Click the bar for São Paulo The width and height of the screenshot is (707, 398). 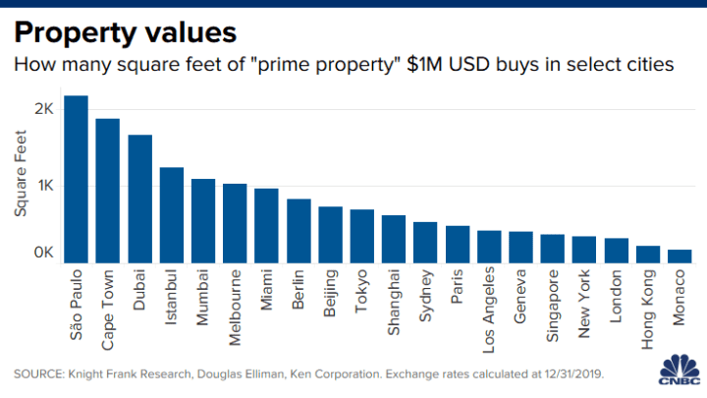pyautogui.click(x=76, y=180)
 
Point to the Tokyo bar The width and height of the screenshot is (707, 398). pyautogui.click(x=362, y=237)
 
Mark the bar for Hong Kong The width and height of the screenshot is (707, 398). pyautogui.click(x=648, y=255)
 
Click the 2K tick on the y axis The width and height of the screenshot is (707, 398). pyautogui.click(x=43, y=108)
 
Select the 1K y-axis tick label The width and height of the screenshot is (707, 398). pyautogui.click(x=43, y=185)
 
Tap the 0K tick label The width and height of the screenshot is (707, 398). pyautogui.click(x=43, y=254)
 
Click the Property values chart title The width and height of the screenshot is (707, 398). pyautogui.click(x=125, y=33)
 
